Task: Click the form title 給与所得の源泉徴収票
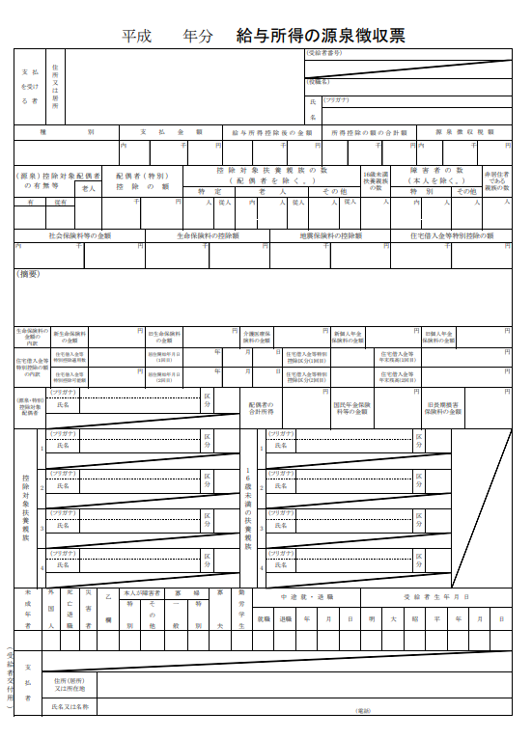[321, 37]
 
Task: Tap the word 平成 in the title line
[136, 37]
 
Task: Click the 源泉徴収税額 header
[464, 131]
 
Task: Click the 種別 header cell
[66, 131]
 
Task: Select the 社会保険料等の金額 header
[79, 234]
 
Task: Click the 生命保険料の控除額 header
[207, 234]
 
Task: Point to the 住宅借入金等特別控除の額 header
[452, 234]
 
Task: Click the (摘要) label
[28, 275]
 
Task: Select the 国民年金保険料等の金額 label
[350, 408]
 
